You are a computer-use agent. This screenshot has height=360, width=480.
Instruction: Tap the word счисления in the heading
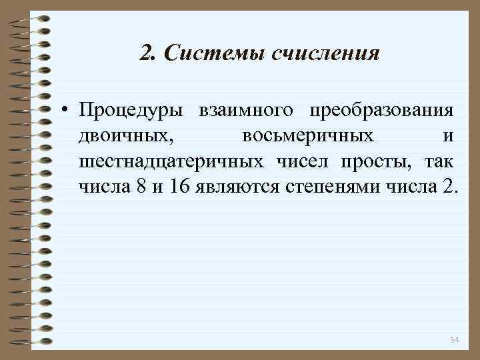point(327,52)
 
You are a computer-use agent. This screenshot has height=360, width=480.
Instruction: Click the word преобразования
point(379,110)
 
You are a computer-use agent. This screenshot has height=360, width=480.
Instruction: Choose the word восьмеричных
point(307,135)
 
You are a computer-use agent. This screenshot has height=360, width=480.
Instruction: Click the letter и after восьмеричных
point(448,135)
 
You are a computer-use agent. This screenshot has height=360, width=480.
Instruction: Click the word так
point(437,161)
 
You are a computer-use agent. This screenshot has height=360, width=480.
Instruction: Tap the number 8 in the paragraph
point(140,185)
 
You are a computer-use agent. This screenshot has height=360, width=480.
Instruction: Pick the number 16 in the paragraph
point(179,185)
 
